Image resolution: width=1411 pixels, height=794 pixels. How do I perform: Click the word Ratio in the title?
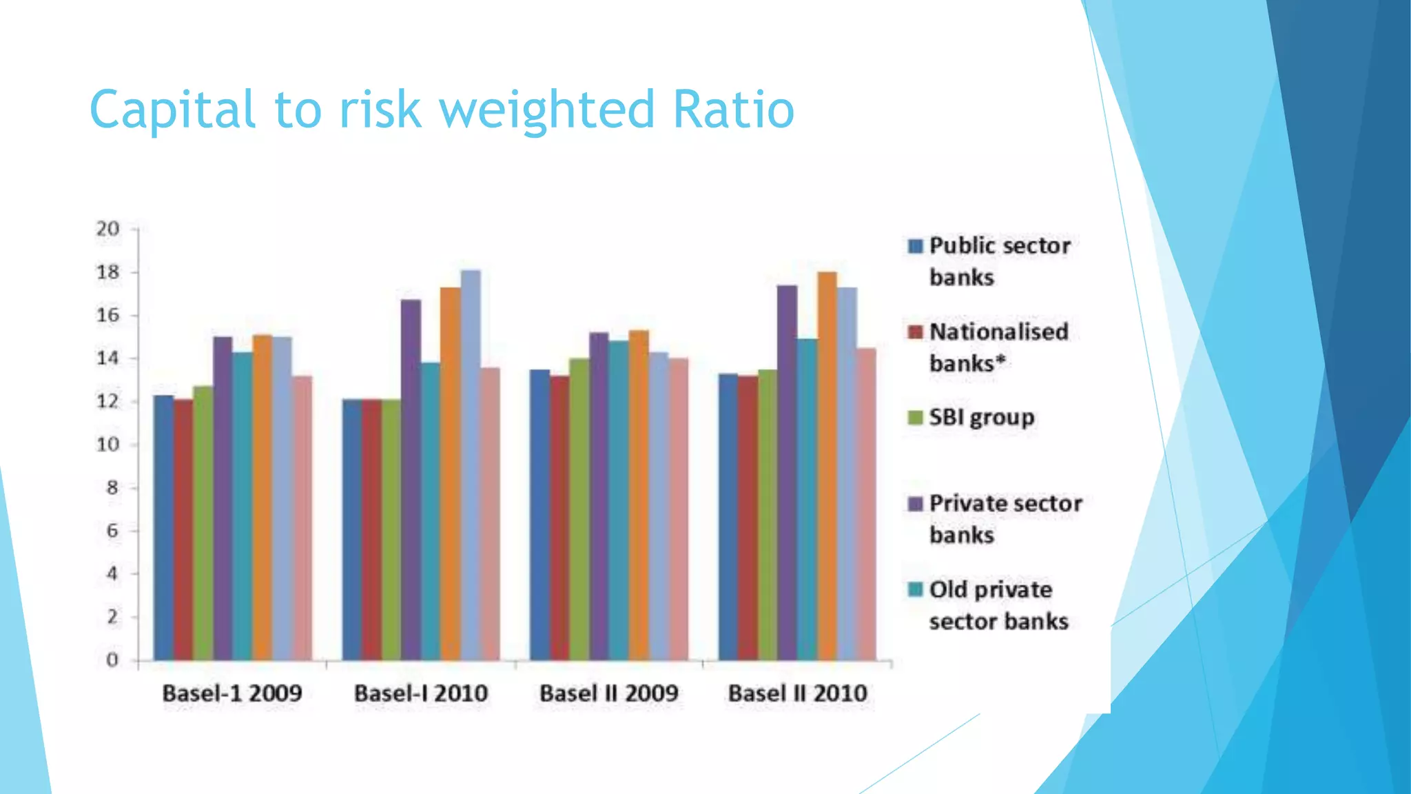(x=733, y=110)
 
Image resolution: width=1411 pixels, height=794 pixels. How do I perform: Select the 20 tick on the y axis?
(x=108, y=229)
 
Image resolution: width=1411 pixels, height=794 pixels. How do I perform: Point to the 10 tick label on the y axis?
(x=108, y=445)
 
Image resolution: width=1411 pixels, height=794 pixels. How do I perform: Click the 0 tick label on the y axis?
(x=112, y=660)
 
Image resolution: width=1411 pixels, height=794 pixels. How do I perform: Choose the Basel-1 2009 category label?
(x=232, y=693)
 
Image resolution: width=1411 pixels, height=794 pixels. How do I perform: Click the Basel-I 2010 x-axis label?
(x=421, y=693)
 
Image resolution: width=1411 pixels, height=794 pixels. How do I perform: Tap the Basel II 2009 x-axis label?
(x=609, y=693)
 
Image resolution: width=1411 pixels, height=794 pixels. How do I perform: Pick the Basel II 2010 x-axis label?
(x=798, y=693)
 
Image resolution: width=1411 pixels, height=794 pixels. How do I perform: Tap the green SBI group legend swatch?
(x=915, y=418)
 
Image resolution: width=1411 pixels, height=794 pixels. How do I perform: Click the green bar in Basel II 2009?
(x=579, y=509)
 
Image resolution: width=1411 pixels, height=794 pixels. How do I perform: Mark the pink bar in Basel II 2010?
(x=866, y=504)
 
